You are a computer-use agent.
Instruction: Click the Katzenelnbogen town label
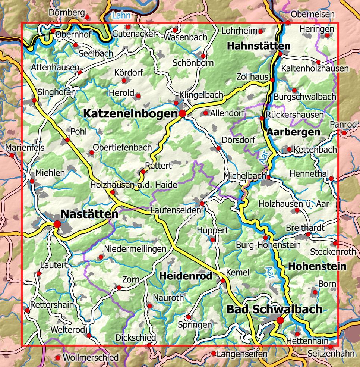129,113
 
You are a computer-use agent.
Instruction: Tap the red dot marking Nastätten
57,224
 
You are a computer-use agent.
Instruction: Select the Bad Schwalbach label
275,309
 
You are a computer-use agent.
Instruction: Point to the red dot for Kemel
223,281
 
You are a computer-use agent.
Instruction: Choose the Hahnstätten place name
258,46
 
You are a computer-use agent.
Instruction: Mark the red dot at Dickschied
149,345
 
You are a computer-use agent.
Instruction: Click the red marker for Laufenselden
202,203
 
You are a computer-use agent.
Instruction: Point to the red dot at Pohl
67,140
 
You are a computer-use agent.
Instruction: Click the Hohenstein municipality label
317,266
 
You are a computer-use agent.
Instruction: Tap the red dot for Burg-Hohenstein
265,237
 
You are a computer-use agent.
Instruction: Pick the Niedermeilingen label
135,249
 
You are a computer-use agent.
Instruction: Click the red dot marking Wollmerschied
57,358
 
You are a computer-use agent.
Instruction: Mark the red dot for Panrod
344,133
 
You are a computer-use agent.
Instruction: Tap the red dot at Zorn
119,288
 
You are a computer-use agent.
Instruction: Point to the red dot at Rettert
143,172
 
